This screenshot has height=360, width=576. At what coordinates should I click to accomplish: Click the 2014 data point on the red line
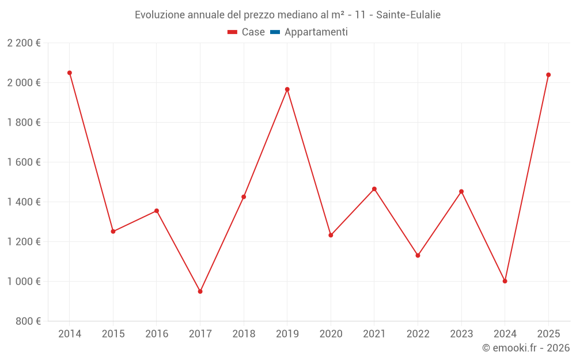70,73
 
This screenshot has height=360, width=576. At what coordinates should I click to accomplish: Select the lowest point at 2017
200,291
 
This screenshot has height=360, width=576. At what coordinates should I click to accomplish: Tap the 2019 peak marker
287,89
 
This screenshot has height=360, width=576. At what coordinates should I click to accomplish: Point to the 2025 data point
548,75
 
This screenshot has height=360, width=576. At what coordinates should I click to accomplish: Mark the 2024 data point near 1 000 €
505,281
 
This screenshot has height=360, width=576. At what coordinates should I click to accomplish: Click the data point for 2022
418,255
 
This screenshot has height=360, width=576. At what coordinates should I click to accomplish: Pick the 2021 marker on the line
374,189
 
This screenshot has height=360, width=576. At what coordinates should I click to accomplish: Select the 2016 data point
157,211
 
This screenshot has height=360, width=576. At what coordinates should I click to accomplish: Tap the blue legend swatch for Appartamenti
275,32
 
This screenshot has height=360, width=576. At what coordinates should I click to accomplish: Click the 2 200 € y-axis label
24,43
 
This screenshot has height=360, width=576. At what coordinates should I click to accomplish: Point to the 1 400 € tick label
24,202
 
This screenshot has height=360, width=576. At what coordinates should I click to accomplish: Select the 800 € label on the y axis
28,321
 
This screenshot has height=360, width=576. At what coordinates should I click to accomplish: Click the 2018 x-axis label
244,334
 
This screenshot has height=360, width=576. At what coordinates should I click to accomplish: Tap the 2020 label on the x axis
331,334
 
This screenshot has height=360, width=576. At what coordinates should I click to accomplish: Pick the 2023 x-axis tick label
461,334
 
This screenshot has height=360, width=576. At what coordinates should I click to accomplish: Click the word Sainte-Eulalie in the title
408,15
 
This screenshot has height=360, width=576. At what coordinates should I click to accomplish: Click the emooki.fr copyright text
526,348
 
